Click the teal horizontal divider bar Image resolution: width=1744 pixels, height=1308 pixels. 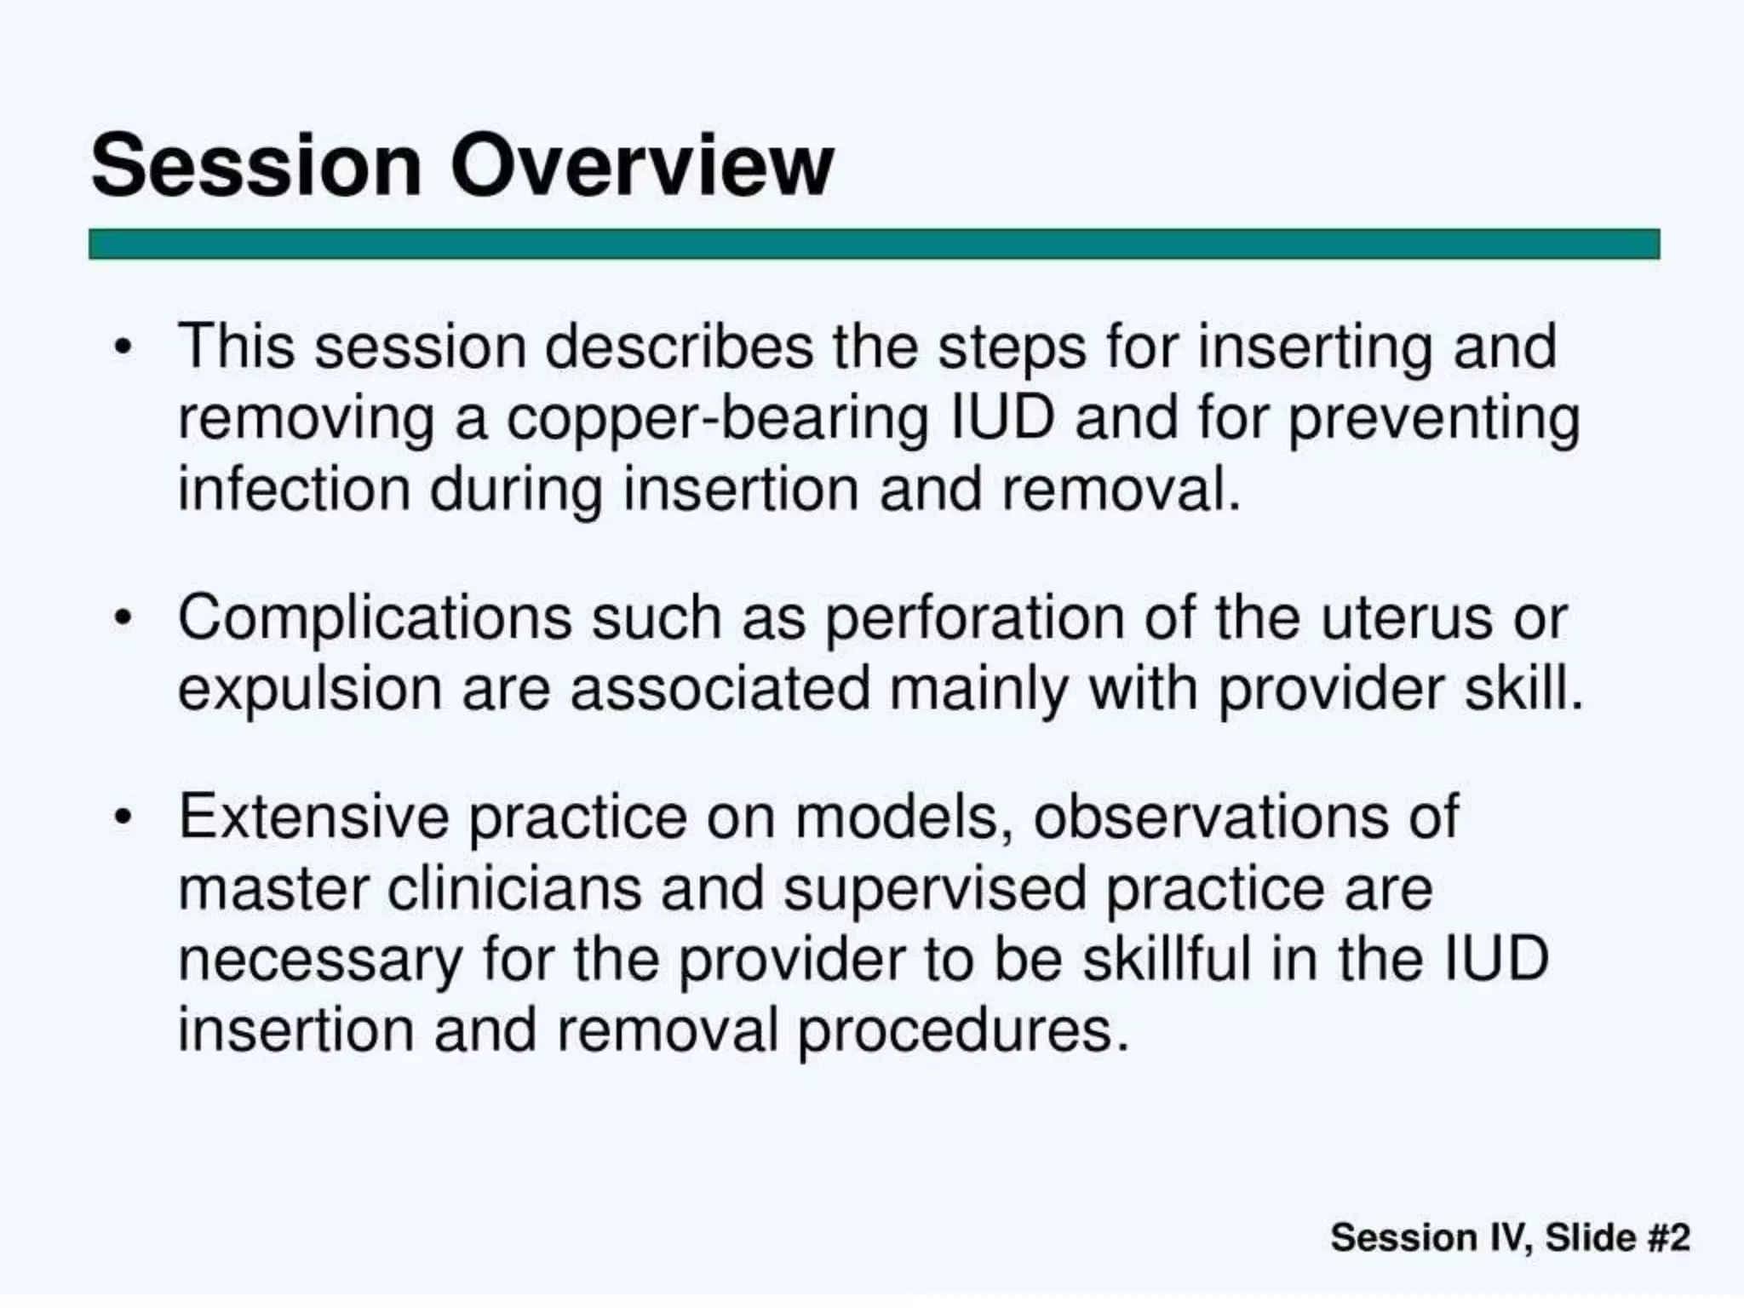tap(874, 244)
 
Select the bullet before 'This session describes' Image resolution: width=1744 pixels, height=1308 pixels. tap(124, 347)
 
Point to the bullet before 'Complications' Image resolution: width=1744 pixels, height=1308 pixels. tap(124, 617)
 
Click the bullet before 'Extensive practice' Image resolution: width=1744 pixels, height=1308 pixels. tap(124, 817)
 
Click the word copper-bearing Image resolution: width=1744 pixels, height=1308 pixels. tap(718, 420)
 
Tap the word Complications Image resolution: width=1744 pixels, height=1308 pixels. tap(375, 619)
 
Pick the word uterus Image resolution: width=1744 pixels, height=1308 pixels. tap(1406, 617)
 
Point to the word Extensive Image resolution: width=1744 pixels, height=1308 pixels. tap(313, 817)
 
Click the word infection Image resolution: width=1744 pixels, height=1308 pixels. tap(294, 490)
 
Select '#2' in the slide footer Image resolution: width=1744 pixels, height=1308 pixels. tap(1668, 1237)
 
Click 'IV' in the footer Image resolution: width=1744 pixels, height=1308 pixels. tap(1512, 1237)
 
